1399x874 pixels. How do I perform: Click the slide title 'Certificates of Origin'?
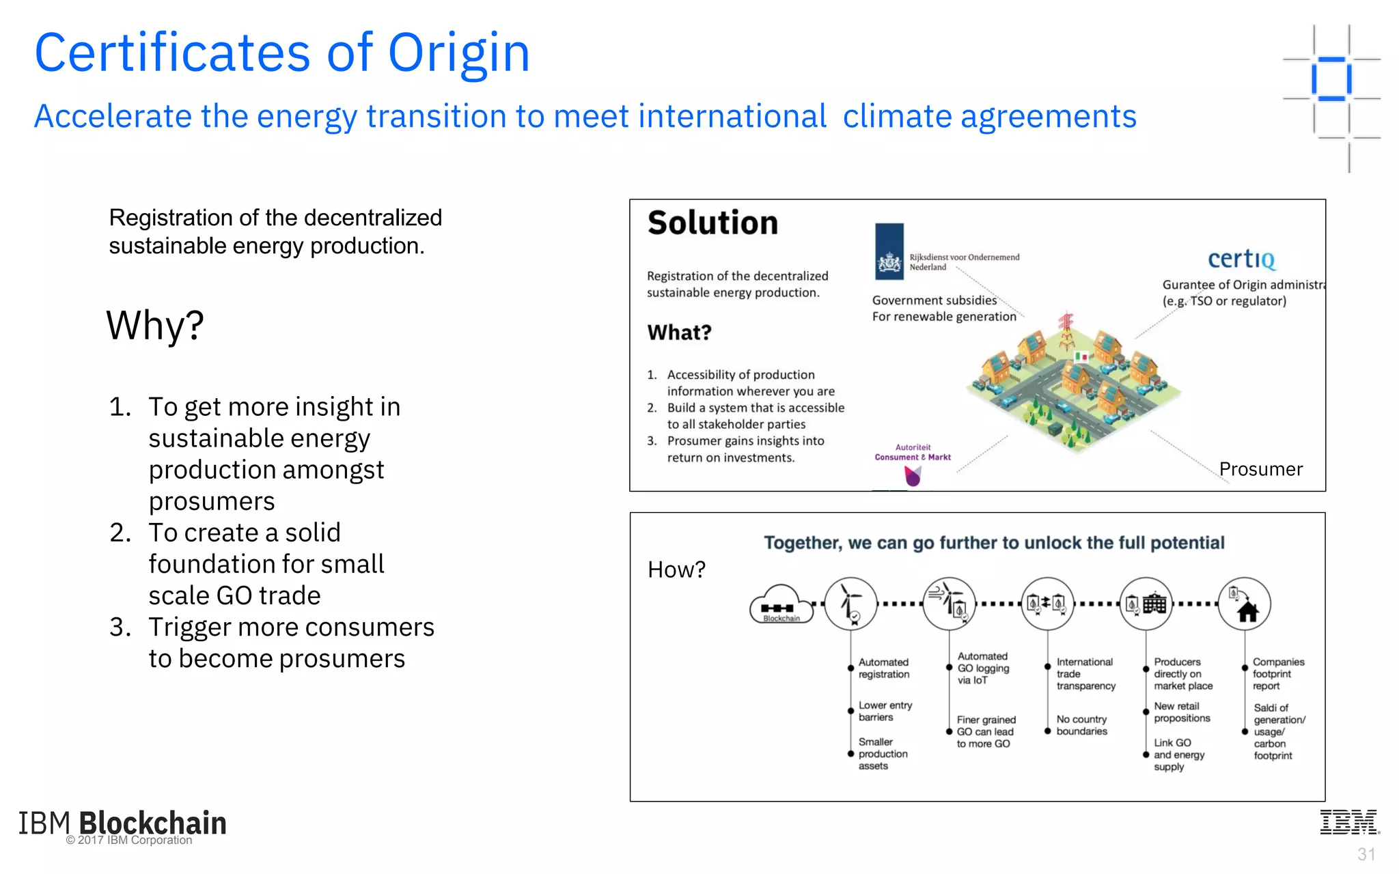[x=282, y=53]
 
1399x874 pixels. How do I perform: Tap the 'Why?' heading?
[x=155, y=325]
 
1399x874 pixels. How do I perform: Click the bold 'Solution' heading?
[x=712, y=223]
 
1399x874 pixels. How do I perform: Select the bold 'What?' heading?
[x=679, y=333]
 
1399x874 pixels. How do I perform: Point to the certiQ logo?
[x=1241, y=259]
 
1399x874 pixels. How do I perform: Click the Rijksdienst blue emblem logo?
[x=889, y=251]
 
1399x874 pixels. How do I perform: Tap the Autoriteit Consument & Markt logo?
[x=913, y=464]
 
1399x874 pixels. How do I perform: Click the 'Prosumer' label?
[x=1260, y=469]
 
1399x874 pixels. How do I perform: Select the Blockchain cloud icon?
[x=781, y=604]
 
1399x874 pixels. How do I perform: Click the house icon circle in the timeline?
[x=1245, y=604]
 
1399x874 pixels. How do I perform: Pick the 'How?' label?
[x=676, y=569]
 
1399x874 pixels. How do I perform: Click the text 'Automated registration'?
[x=883, y=668]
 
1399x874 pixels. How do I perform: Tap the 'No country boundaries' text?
[x=1081, y=725]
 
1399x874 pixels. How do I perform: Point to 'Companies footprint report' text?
[x=1277, y=674]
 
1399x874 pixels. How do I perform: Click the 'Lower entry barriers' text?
[x=885, y=711]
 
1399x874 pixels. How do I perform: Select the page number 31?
[x=1366, y=854]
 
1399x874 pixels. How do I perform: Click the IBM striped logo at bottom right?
[x=1349, y=822]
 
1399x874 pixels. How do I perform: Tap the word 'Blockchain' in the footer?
[x=152, y=823]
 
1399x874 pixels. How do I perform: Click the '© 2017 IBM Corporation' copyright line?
[x=129, y=841]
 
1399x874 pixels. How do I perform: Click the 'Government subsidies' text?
[x=934, y=300]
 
